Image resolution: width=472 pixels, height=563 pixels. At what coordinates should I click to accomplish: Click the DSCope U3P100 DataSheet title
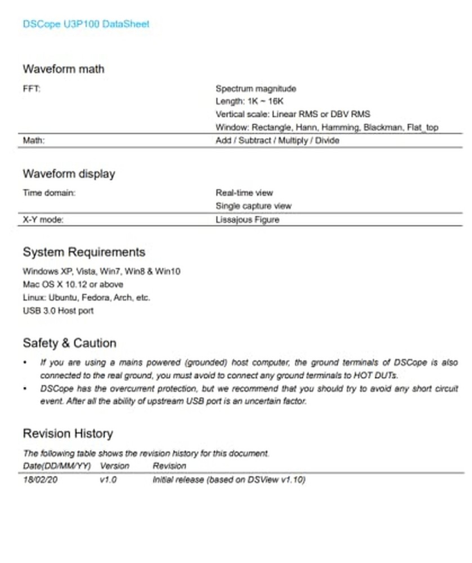(86, 24)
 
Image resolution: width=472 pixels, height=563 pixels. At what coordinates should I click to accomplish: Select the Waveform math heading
(63, 69)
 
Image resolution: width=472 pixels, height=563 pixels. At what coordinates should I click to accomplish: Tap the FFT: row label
(31, 89)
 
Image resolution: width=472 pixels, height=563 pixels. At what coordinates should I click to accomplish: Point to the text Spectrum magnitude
(255, 89)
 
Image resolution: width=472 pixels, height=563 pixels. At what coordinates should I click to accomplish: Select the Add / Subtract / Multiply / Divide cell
(277, 141)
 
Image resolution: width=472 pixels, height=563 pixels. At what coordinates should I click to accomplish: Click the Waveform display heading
(69, 173)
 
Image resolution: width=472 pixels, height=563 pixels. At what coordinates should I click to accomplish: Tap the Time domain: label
(49, 193)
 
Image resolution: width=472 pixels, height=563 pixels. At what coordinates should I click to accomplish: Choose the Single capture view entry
(253, 206)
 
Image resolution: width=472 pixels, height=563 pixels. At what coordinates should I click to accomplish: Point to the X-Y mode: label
(43, 220)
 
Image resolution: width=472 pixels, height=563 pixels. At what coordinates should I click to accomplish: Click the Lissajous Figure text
(247, 220)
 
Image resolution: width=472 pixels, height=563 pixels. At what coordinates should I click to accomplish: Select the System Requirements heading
(84, 252)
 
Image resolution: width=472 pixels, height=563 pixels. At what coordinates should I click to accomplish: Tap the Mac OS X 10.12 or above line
(73, 284)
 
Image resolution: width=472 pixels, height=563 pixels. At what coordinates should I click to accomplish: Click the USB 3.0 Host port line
(58, 310)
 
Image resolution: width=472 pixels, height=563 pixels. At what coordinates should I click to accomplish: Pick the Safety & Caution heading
(69, 343)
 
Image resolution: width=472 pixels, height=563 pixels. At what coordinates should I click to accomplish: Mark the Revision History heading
(68, 434)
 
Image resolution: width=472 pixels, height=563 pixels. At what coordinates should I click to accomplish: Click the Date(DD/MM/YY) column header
(56, 466)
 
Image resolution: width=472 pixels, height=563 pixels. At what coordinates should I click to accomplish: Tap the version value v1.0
(108, 480)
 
